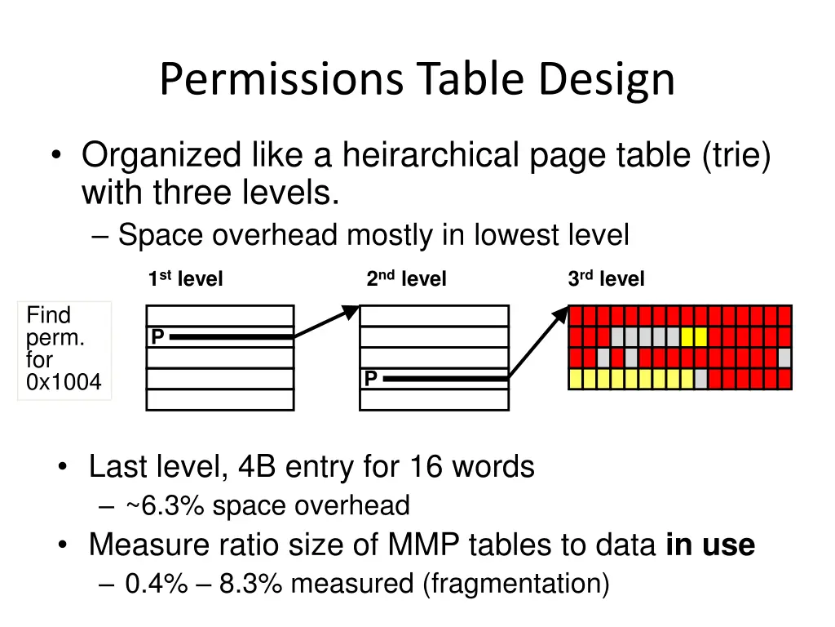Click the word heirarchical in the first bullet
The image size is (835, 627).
[431, 155]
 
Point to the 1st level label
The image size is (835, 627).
[185, 279]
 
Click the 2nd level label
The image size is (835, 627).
[406, 279]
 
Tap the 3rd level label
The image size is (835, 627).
[606, 279]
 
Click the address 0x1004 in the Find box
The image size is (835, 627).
[64, 382]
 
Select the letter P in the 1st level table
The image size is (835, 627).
[157, 336]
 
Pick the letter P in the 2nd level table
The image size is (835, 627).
[370, 379]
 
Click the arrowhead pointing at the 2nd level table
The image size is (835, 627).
[351, 311]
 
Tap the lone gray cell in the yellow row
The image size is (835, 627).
[700, 379]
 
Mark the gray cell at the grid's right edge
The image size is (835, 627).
[784, 358]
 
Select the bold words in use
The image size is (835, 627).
[710, 545]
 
